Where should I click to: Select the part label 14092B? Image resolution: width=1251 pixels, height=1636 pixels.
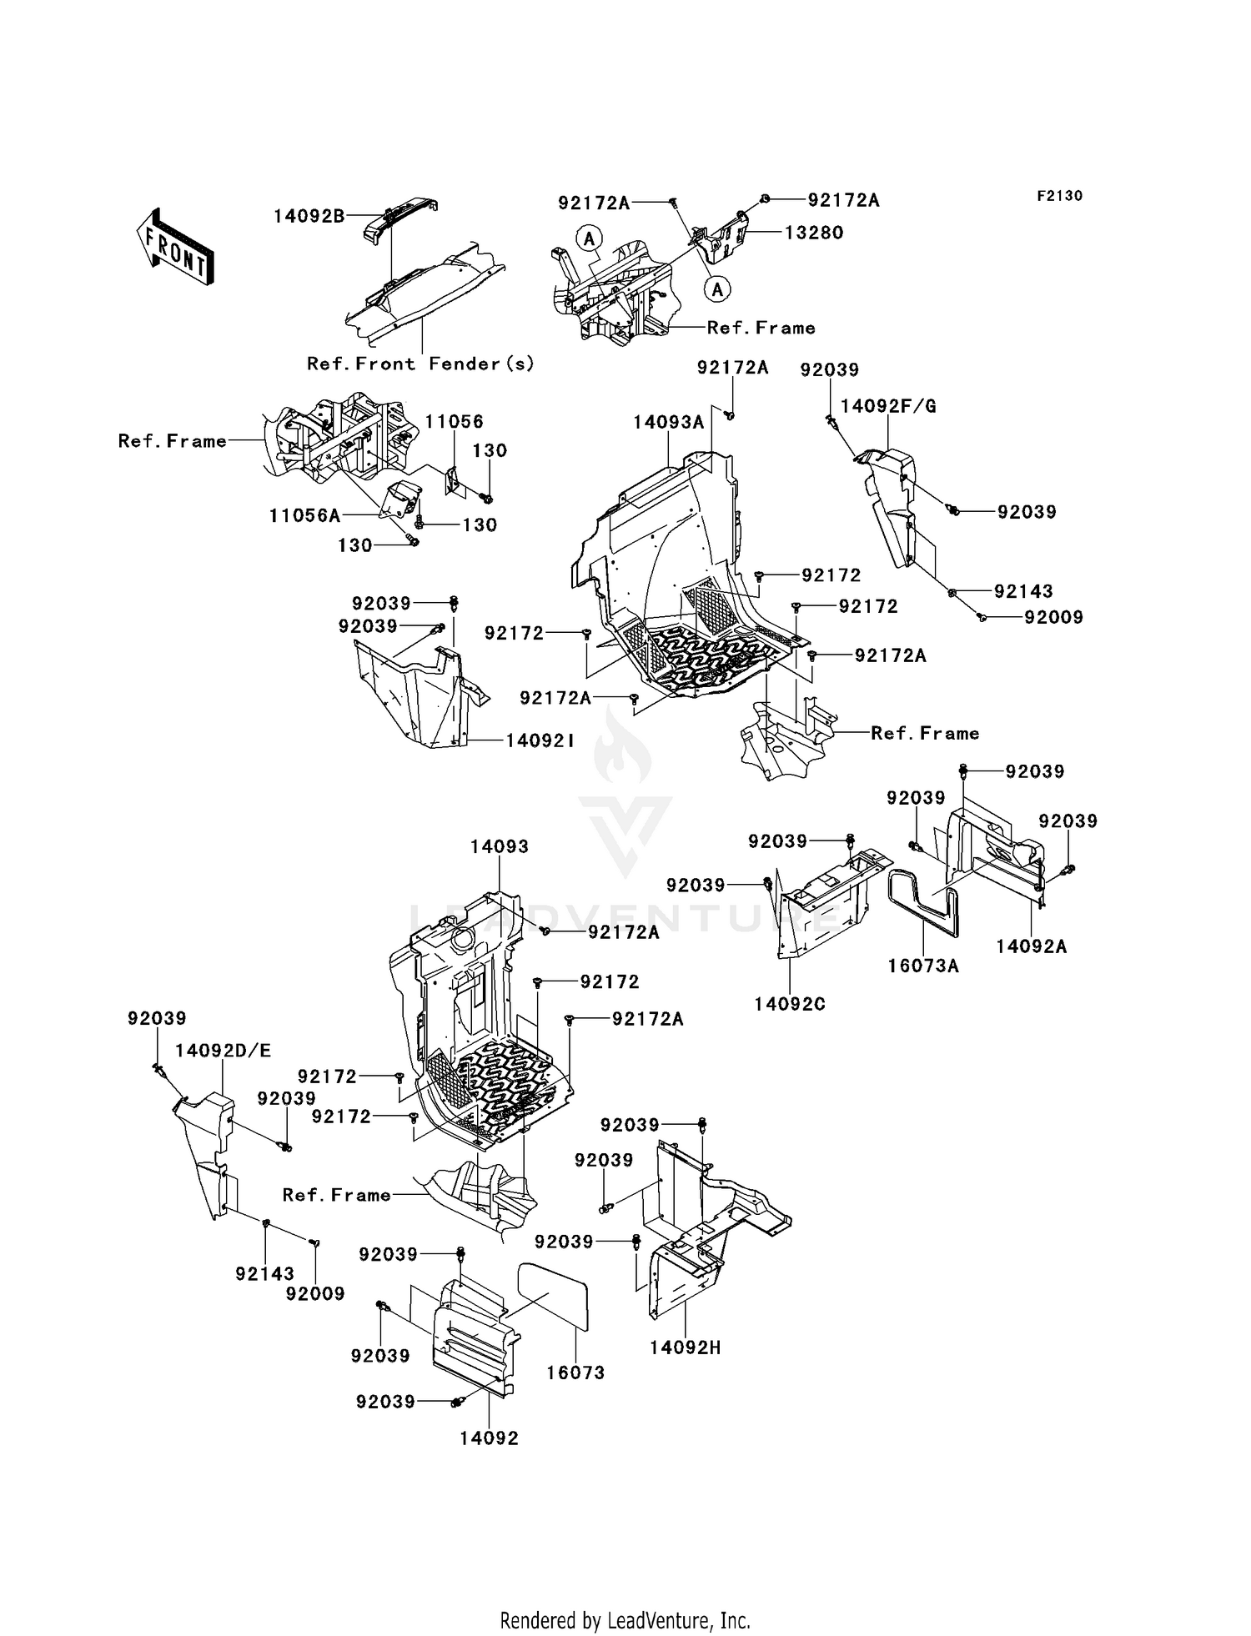pos(309,217)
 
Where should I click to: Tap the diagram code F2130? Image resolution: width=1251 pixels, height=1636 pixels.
pos(1059,196)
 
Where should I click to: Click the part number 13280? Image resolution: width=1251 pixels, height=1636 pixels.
pos(814,233)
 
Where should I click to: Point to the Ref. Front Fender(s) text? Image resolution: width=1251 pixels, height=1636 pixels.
pos(420,364)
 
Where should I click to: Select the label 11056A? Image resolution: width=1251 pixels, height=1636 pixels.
pos(304,516)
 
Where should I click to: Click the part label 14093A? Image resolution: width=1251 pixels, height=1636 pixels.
pos(668,423)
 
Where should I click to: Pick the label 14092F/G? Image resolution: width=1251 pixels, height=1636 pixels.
pos(888,407)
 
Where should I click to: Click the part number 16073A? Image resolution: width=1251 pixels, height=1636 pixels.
pos(923,966)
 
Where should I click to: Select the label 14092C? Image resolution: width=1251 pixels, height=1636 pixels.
pos(789,1005)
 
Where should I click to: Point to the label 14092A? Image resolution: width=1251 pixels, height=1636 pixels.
pos(1032,946)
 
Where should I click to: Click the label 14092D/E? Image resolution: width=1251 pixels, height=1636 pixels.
pos(224,1051)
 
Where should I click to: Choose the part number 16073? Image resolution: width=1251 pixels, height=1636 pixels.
pos(575,1373)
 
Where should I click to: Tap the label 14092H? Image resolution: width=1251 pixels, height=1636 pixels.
pos(685,1347)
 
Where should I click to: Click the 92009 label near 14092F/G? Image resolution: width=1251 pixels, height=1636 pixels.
pos(1053,618)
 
